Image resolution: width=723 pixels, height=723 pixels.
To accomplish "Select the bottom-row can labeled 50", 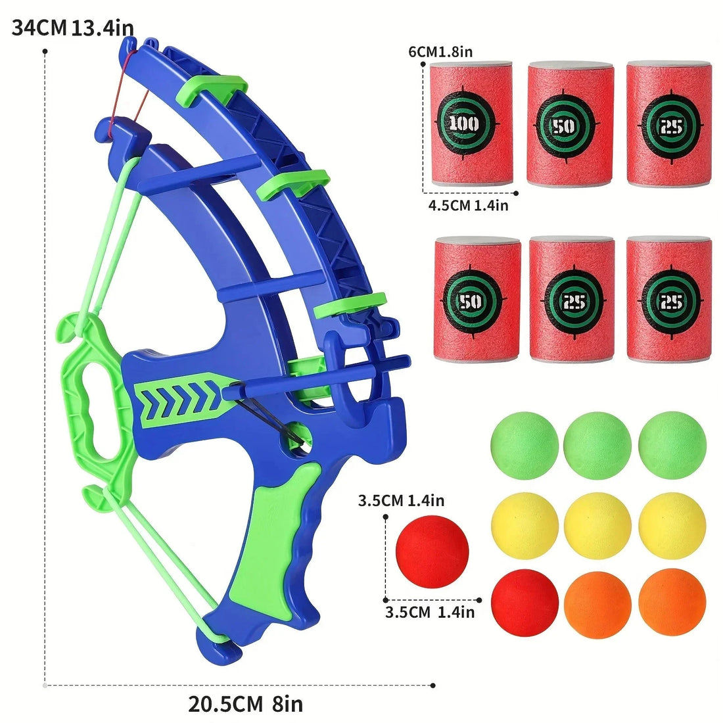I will coord(477,300).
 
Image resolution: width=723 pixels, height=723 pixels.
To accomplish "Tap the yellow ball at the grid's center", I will coord(597,526).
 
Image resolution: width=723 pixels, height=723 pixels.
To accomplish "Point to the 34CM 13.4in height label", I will coord(73,28).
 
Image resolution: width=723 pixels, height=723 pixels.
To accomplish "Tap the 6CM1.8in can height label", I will coord(440,51).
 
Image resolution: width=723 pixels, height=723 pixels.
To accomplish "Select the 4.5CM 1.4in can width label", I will coord(468,206).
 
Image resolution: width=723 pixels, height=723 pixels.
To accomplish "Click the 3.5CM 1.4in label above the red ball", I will coord(401,501).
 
